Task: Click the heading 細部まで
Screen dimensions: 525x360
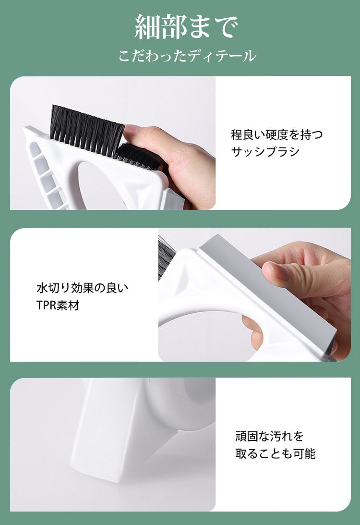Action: click(186, 27)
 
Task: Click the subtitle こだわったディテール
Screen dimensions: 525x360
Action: click(187, 56)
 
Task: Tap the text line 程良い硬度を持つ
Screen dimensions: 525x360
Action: click(277, 134)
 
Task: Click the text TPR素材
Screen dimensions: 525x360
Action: click(58, 305)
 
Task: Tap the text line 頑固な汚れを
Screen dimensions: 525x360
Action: click(269, 436)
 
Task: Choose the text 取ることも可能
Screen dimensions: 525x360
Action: click(276, 453)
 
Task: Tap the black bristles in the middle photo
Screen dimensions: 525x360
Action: click(163, 257)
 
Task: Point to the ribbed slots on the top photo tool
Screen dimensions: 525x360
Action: click(46, 178)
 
